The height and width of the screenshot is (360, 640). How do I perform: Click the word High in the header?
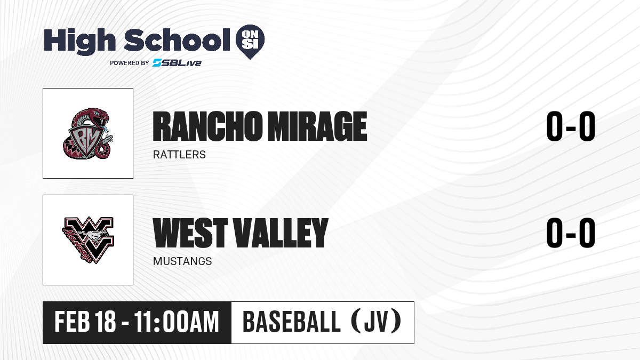pos(79,42)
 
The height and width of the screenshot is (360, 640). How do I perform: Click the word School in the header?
pos(177,40)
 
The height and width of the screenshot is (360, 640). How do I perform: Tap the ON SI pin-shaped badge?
pos(250,42)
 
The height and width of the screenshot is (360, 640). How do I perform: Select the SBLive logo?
pos(177,63)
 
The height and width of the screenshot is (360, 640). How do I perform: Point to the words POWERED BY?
pos(129,63)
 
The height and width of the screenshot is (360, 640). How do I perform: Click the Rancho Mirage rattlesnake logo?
pos(88,133)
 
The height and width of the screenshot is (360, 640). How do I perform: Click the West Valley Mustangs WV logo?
pos(88,240)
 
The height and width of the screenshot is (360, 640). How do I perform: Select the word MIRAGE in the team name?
pos(317,126)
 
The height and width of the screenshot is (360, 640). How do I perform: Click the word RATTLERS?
pos(179,155)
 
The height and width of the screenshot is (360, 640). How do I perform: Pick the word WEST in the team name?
pos(190,233)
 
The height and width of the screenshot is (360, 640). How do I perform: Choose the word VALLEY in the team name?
pos(282,233)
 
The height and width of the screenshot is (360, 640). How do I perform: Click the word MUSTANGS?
pos(182,261)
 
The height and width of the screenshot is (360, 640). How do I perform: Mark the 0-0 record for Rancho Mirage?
pos(571,126)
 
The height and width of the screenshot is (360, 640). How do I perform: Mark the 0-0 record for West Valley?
pos(571,233)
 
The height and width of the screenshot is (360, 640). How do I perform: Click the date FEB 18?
pos(85,322)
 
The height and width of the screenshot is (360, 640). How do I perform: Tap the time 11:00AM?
pos(177,322)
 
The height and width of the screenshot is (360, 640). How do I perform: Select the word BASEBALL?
pos(291,322)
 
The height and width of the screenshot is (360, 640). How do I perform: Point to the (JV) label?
pos(377,322)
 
